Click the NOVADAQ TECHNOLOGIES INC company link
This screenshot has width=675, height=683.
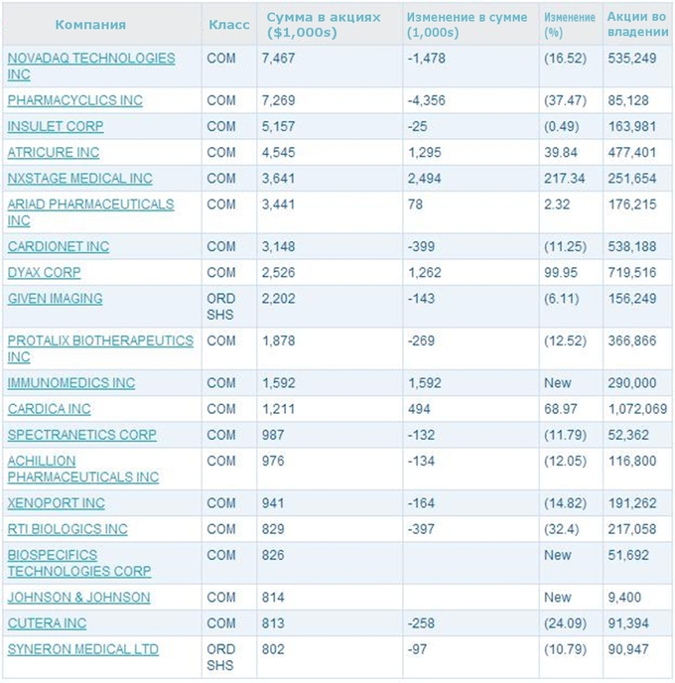[x=91, y=67]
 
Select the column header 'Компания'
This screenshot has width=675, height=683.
[x=90, y=25]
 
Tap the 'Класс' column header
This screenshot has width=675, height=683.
[x=229, y=25]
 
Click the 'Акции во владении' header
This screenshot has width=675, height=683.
[x=638, y=25]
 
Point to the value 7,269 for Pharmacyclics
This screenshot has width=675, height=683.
[x=278, y=100]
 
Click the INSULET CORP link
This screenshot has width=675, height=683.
[x=56, y=126]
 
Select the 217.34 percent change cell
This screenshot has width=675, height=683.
[x=565, y=178]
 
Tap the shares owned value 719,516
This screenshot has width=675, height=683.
[x=632, y=272]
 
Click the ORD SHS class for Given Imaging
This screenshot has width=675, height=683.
[x=220, y=306]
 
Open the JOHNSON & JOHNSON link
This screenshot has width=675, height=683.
[x=78, y=598]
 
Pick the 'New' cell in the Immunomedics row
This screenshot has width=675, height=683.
[x=558, y=383]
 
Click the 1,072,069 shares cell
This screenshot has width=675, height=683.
[x=637, y=409]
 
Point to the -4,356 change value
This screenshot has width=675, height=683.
[x=426, y=100]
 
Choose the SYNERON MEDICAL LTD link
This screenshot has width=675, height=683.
[x=82, y=649]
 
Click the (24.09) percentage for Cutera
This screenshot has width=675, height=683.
[x=565, y=622]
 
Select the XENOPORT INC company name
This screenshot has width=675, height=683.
[x=57, y=503]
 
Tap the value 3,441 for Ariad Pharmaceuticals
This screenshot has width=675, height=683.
[x=278, y=205]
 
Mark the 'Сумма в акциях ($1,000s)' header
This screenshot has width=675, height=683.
[x=324, y=25]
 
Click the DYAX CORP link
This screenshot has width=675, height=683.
[x=44, y=272]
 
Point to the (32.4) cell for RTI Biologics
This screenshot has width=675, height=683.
[x=561, y=529]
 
